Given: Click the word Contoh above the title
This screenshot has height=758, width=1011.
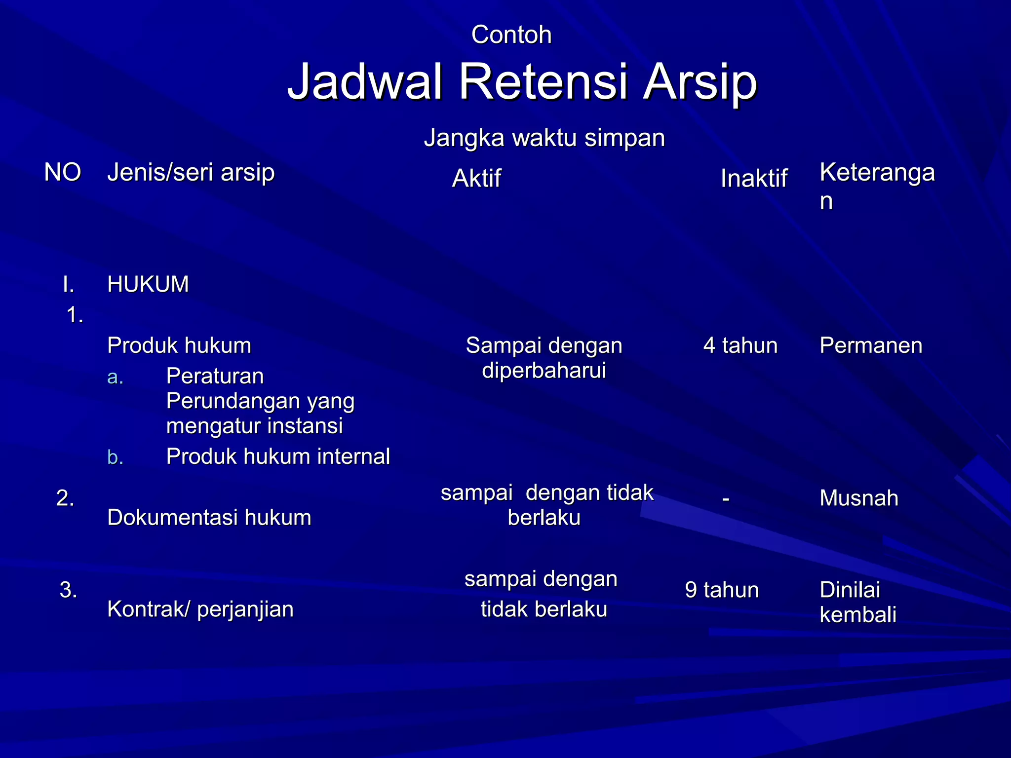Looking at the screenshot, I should click(x=511, y=35).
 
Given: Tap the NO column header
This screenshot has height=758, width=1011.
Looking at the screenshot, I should click(x=62, y=173).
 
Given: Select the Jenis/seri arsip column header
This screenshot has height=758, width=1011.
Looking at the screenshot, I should click(x=191, y=173).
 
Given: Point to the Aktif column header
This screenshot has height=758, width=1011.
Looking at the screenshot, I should click(x=476, y=179).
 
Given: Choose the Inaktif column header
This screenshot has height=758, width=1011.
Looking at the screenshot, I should click(x=753, y=179).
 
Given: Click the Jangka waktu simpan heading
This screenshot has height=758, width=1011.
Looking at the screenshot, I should click(x=544, y=138).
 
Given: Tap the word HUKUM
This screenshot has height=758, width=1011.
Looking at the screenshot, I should click(x=148, y=284).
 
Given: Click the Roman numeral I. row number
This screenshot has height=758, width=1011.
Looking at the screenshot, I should click(x=69, y=284).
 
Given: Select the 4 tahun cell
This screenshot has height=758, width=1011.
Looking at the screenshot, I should click(x=740, y=345).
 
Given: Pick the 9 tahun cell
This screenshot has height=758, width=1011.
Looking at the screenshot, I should click(x=722, y=590).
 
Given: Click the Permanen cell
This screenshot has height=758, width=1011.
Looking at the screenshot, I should click(x=871, y=345).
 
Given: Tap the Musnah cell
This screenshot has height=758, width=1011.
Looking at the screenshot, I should click(x=858, y=498).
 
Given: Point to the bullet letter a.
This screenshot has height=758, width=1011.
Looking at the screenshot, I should click(x=115, y=378).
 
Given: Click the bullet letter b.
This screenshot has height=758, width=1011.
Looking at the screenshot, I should click(x=115, y=457).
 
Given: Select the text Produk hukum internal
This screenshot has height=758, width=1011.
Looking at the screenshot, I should click(x=278, y=456).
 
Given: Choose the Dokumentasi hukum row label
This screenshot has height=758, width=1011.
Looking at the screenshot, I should click(x=209, y=518).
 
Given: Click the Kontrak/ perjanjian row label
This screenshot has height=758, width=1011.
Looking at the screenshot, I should click(x=200, y=609).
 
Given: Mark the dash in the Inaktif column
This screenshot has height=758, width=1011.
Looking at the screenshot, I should click(x=725, y=499).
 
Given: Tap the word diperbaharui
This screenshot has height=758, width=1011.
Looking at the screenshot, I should click(x=544, y=370).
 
